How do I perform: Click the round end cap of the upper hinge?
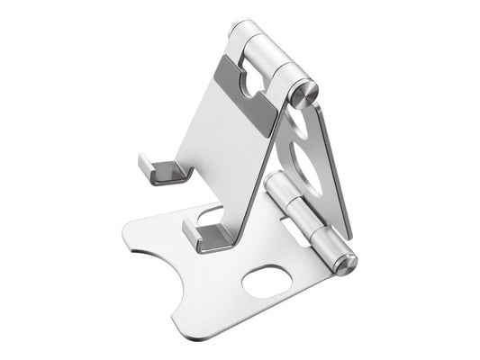(x=308, y=88)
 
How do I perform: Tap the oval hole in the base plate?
(x=270, y=282)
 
